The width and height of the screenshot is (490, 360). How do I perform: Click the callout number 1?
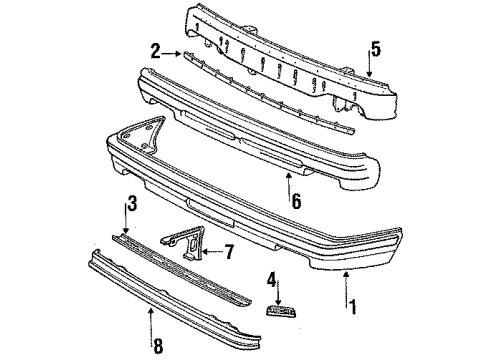(352, 307)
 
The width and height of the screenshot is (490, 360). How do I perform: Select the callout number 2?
(156, 51)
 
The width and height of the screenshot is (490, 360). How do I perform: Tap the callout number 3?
(132, 203)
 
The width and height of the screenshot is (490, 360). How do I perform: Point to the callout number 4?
(272, 280)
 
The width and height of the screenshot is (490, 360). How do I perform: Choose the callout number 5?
(375, 49)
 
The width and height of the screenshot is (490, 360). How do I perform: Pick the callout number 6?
(296, 201)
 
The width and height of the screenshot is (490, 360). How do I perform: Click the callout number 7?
(229, 252)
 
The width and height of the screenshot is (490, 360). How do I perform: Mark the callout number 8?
(158, 346)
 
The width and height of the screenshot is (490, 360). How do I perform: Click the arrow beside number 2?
(173, 53)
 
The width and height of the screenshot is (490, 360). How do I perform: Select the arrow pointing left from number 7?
(212, 251)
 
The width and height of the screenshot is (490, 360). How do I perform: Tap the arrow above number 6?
(289, 185)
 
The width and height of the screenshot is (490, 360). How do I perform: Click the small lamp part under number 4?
(281, 311)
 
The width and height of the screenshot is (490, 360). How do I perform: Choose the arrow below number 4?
(278, 292)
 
